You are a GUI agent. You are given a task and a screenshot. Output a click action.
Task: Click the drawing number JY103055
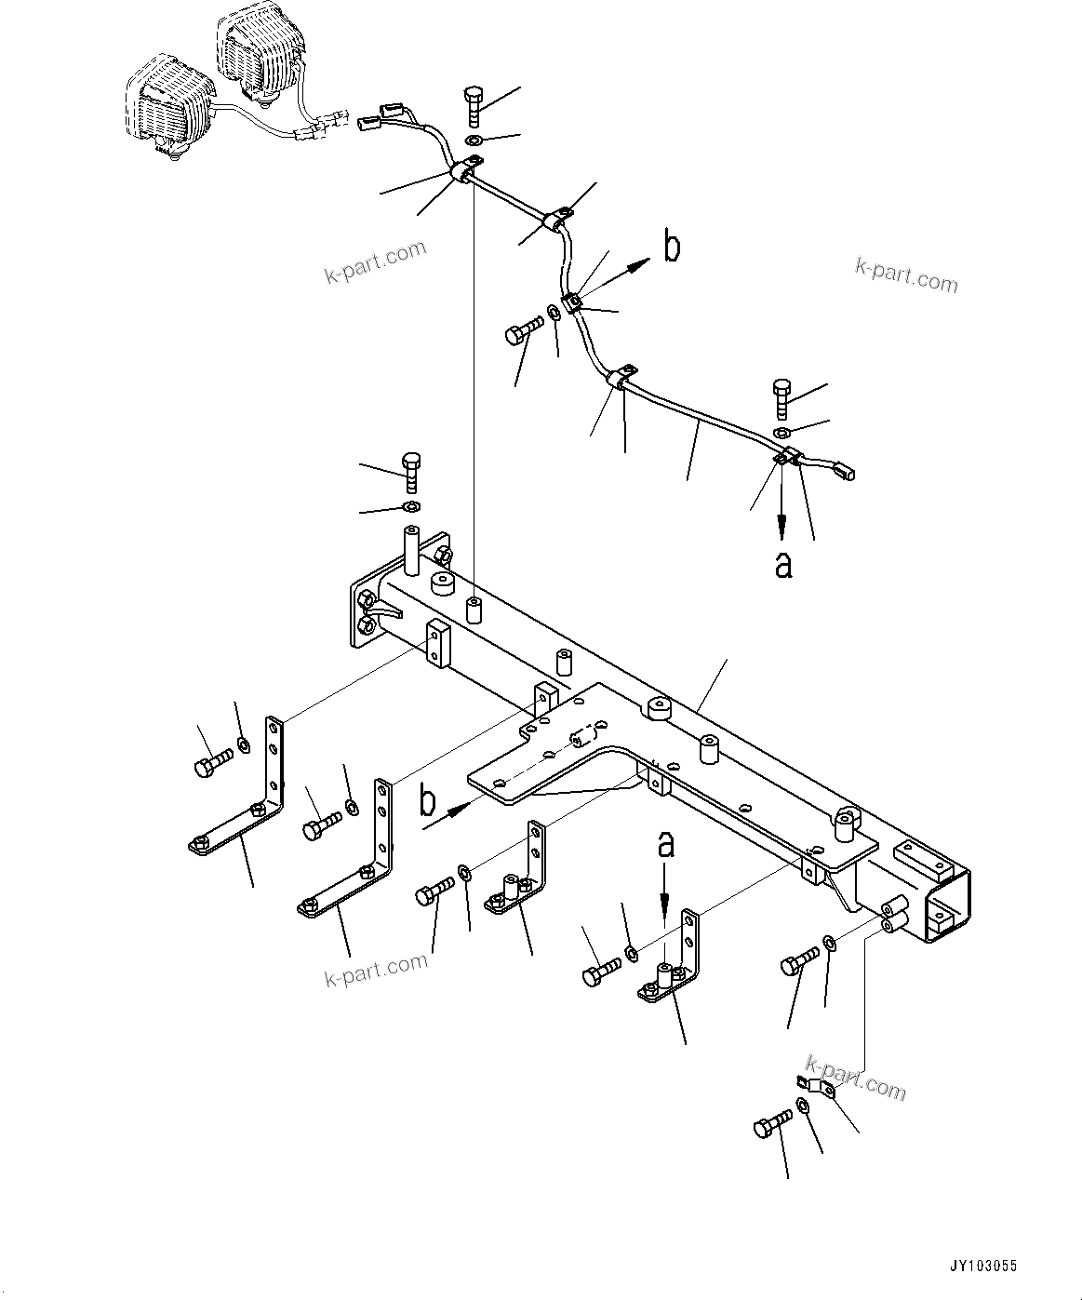tap(984, 1266)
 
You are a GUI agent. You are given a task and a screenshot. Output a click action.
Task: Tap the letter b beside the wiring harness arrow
tap(671, 248)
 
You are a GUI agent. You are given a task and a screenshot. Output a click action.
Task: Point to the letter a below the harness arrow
tap(783, 563)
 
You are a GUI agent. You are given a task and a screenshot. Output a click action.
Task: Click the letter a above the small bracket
tap(665, 845)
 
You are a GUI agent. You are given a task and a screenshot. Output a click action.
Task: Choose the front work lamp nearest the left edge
tap(168, 108)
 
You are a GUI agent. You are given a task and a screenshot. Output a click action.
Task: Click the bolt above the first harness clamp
tap(472, 104)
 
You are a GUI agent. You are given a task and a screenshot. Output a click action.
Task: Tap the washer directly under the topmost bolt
tap(474, 141)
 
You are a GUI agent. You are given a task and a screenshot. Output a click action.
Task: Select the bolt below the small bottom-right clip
tap(771, 1127)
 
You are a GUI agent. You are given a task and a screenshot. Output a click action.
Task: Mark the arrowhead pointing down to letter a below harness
tap(782, 531)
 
